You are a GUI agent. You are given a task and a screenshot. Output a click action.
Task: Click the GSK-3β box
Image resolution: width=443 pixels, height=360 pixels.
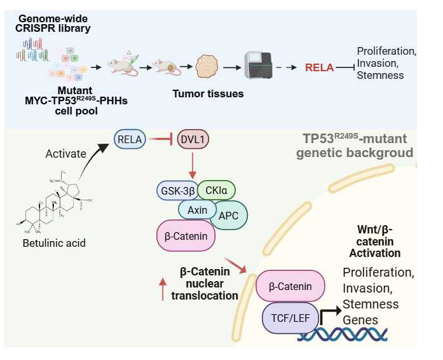coord(176,190)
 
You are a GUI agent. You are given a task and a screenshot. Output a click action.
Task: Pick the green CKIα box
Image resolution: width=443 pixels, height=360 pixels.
coord(217,190)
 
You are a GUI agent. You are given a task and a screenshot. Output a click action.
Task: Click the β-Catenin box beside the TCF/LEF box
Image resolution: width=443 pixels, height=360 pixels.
coord(290,286)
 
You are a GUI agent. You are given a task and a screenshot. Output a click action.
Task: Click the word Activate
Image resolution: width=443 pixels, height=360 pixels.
coord(66,153)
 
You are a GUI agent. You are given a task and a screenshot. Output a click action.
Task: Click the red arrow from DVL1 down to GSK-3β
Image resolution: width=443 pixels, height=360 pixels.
coord(192,165)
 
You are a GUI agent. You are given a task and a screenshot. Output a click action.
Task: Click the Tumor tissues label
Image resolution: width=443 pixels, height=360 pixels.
coord(208,94)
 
